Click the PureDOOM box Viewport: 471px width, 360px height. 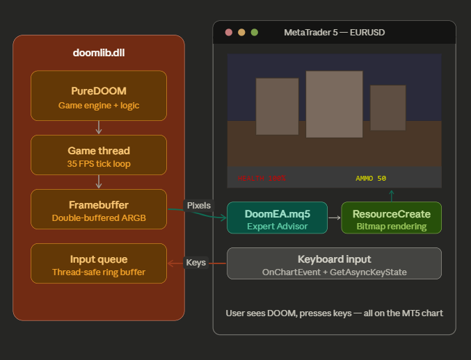coord(99,95)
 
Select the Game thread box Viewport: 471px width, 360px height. coord(99,156)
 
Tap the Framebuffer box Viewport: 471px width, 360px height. coord(99,211)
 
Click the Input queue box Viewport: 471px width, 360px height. coord(99,265)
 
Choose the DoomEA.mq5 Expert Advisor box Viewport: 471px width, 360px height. coord(278,219)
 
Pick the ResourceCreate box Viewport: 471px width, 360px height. coord(391,219)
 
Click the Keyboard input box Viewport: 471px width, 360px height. coord(334,263)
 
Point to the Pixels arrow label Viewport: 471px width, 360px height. coord(199,206)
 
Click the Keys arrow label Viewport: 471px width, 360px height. coord(195,263)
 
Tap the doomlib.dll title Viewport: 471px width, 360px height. coord(99,53)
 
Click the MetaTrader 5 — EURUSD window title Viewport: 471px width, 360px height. coord(334,32)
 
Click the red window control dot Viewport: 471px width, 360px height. coord(229,32)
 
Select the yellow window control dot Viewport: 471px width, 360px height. coord(241,32)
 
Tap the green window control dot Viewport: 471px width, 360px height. coord(254,32)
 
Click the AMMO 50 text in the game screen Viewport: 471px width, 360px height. coord(371,179)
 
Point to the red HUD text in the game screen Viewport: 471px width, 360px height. coord(261,179)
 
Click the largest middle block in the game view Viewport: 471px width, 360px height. coord(334,104)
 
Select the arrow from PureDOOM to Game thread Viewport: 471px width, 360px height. coord(99,127)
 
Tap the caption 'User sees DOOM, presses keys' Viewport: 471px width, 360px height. coord(334,313)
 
